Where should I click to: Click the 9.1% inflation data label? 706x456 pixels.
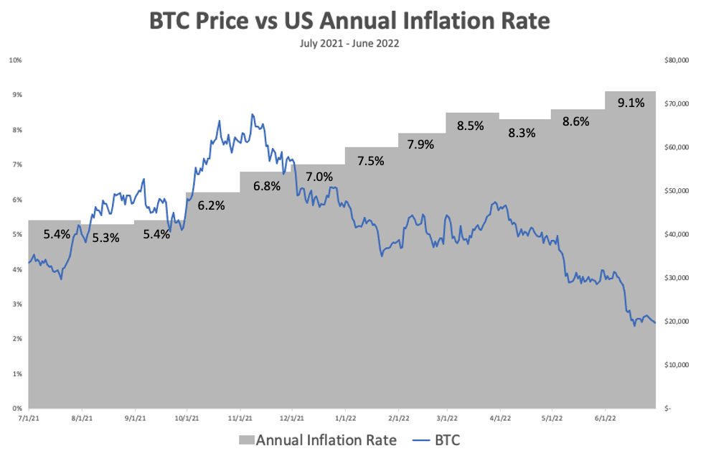pyautogui.click(x=631, y=103)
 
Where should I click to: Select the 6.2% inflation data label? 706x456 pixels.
pyautogui.click(x=212, y=205)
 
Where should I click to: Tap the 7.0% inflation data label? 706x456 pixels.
pyautogui.click(x=319, y=177)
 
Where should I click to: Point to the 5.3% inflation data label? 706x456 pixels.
pyautogui.click(x=105, y=238)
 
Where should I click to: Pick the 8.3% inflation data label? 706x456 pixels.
pyautogui.click(x=522, y=133)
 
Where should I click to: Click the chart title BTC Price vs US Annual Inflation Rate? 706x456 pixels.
pyautogui.click(x=349, y=21)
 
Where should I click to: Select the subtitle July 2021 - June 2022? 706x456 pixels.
pyautogui.click(x=349, y=44)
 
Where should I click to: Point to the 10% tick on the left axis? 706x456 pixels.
pyautogui.click(x=14, y=60)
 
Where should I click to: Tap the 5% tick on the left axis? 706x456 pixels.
pyautogui.click(x=16, y=234)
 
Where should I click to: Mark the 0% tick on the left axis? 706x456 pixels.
pyautogui.click(x=16, y=409)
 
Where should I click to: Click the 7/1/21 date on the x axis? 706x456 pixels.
pyautogui.click(x=28, y=417)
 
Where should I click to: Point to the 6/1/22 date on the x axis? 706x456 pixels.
pyautogui.click(x=606, y=417)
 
